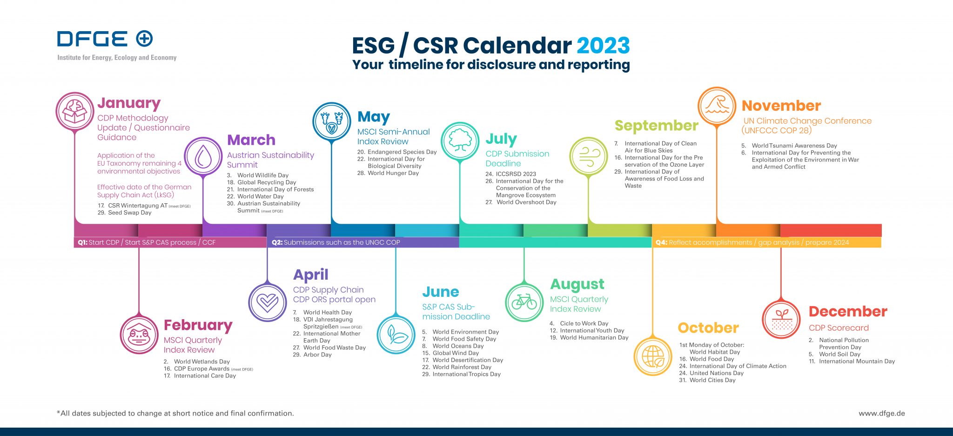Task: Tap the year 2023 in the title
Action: pyautogui.click(x=603, y=46)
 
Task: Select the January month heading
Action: pyautogui.click(x=129, y=103)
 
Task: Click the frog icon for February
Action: pyautogui.click(x=139, y=335)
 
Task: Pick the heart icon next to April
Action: pyautogui.click(x=268, y=302)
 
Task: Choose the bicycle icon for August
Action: pyautogui.click(x=524, y=302)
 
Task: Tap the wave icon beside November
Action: pyautogui.click(x=717, y=106)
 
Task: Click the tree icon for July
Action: pyautogui.click(x=460, y=141)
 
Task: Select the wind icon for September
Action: pyautogui.click(x=589, y=156)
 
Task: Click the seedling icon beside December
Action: pyautogui.click(x=781, y=320)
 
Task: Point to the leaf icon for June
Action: pyautogui.click(x=396, y=335)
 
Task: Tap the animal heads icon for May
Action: pyautogui.click(x=332, y=121)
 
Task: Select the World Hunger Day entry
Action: pyautogui.click(x=388, y=173)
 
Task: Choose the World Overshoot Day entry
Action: pyautogui.click(x=521, y=202)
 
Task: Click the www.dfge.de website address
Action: pyautogui.click(x=882, y=413)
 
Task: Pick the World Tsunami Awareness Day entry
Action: pyautogui.click(x=789, y=146)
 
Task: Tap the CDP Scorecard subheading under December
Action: pyautogui.click(x=839, y=328)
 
